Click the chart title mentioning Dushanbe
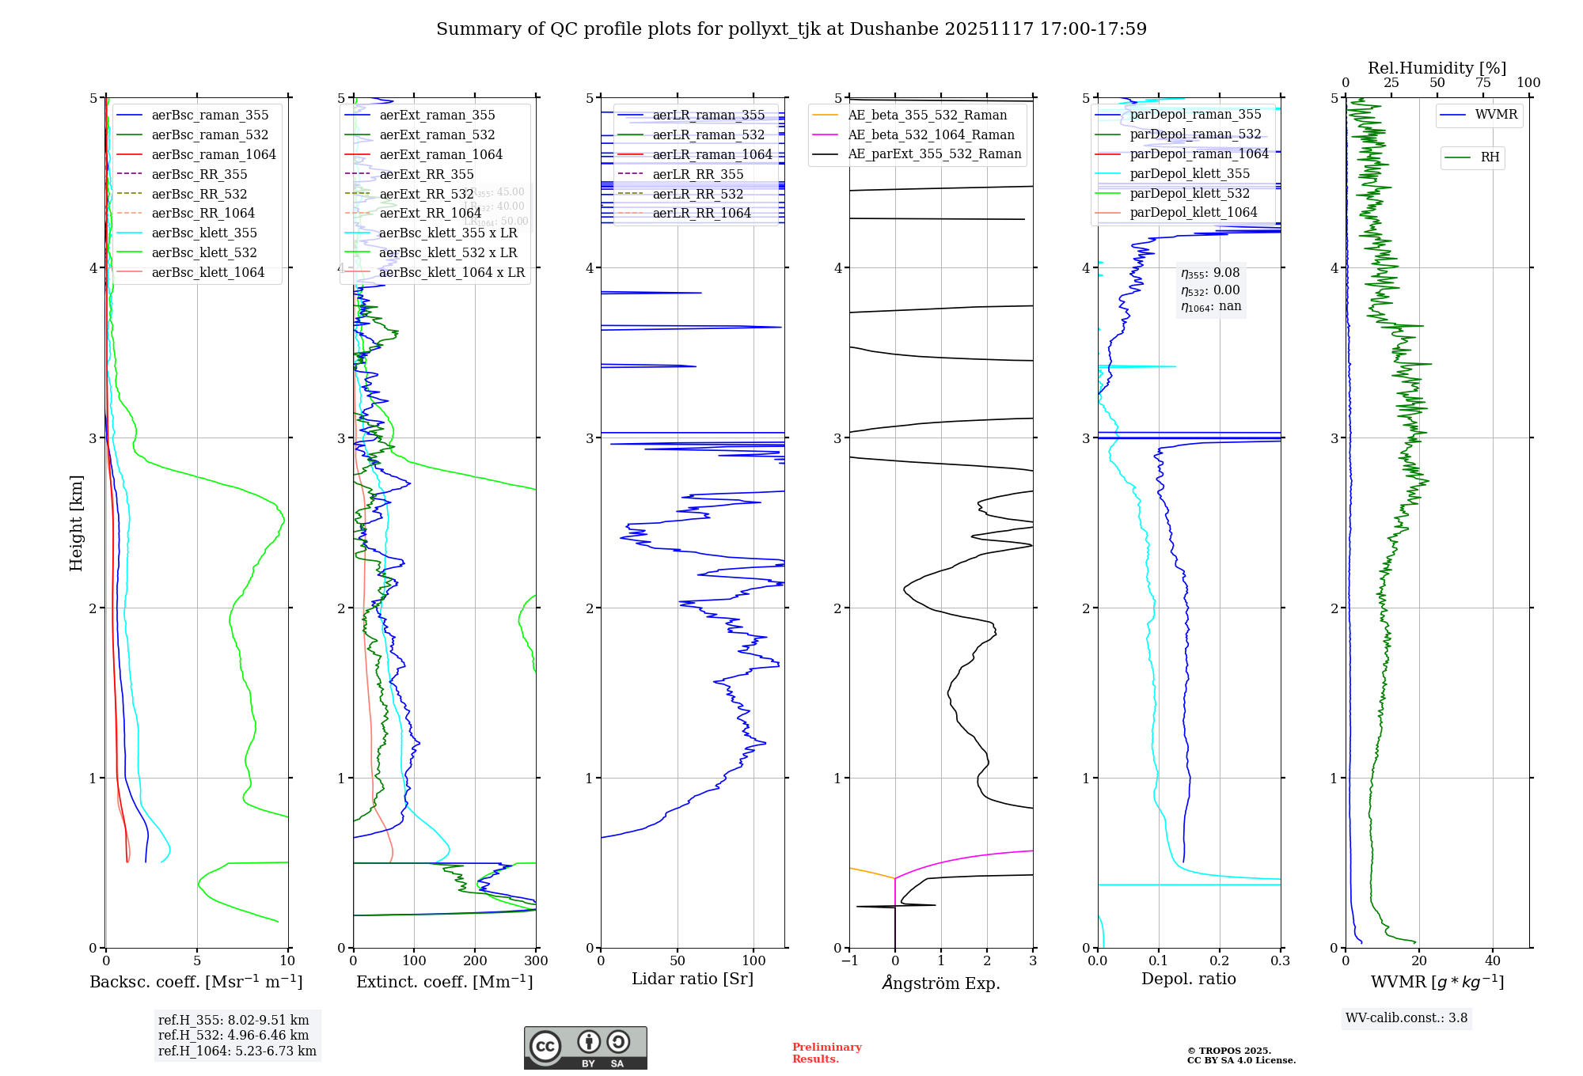click(x=791, y=29)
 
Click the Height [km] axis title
click(x=76, y=522)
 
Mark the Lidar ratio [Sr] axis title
click(x=693, y=979)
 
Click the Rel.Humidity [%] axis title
click(x=1437, y=68)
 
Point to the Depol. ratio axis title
click(x=1188, y=979)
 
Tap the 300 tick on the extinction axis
click(x=536, y=960)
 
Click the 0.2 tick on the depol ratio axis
click(x=1220, y=960)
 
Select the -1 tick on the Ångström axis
click(x=849, y=960)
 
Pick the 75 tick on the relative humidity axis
click(x=1482, y=83)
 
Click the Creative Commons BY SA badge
click(x=585, y=1048)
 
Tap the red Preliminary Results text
click(x=826, y=1052)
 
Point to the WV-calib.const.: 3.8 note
click(x=1406, y=1017)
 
